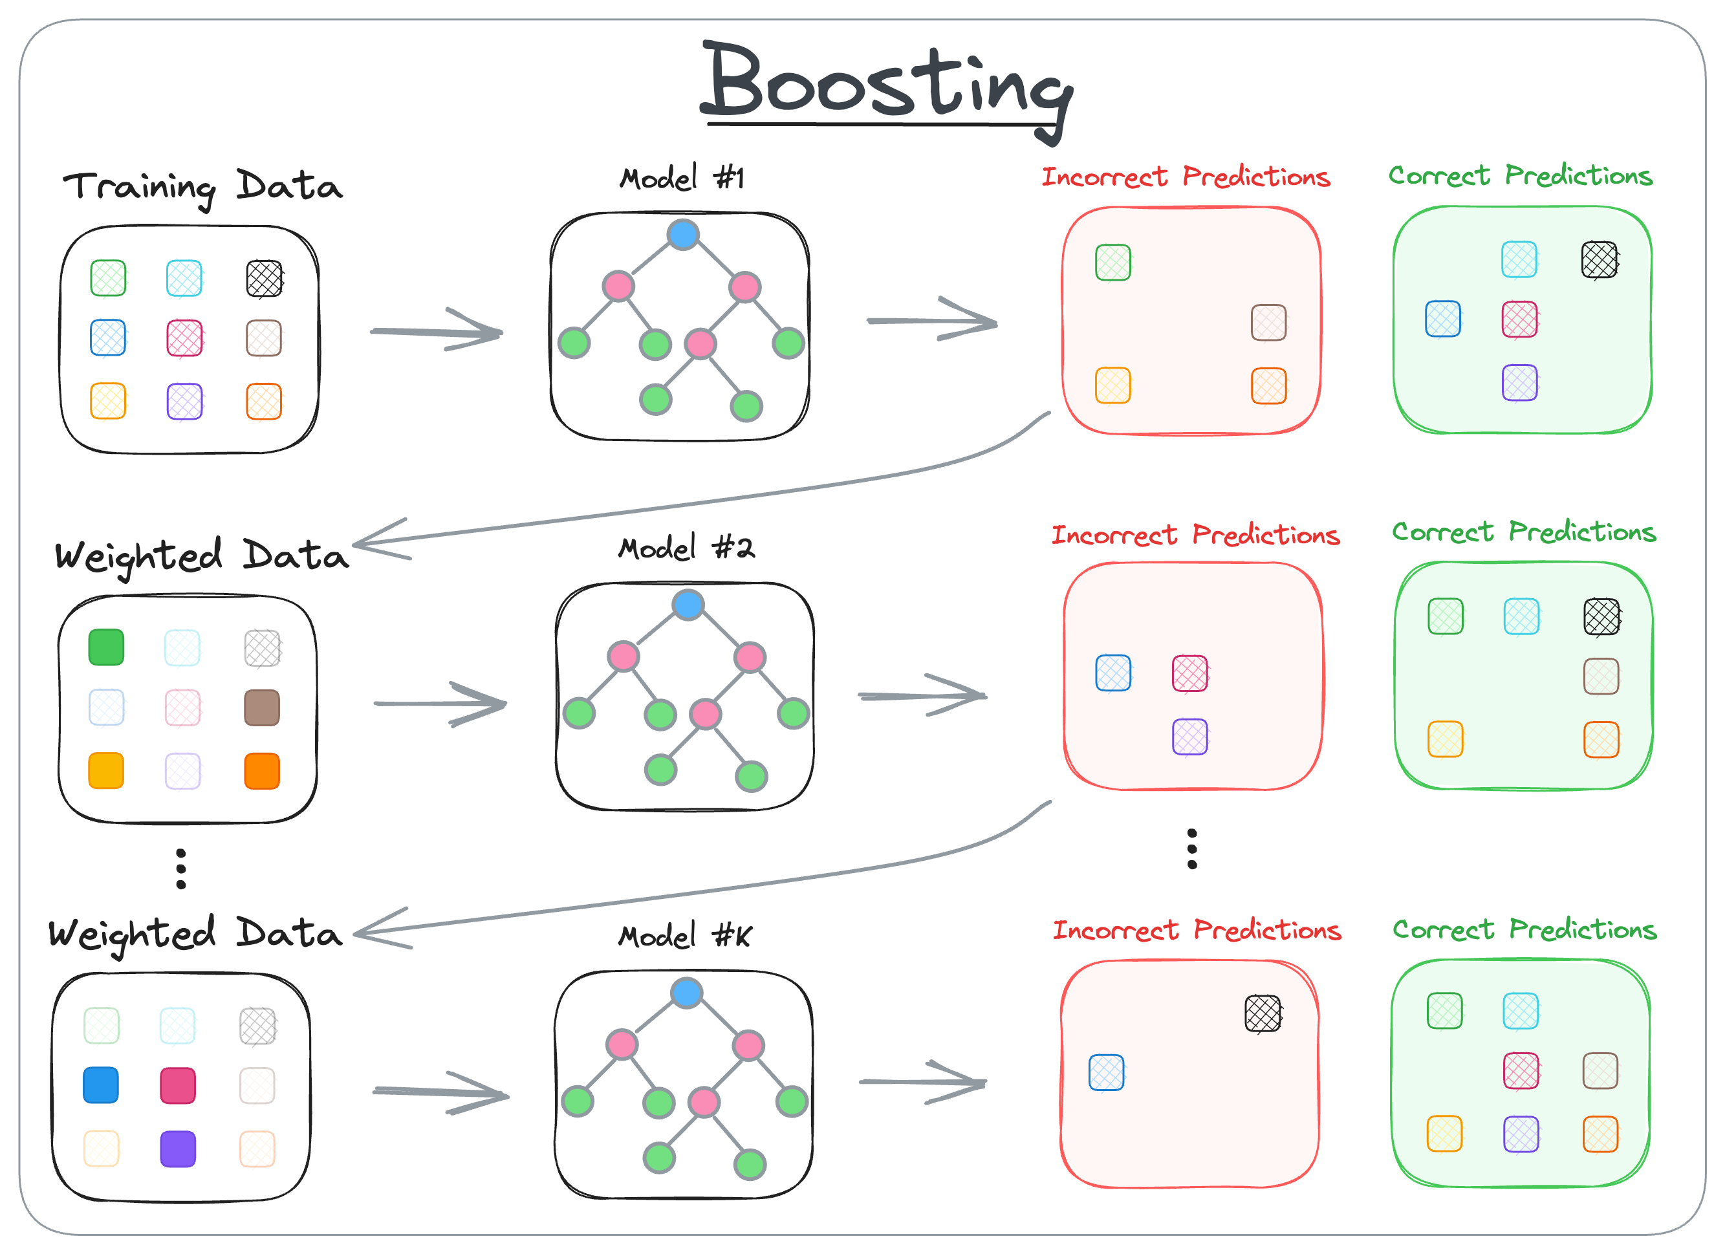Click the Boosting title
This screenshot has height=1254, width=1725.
886,83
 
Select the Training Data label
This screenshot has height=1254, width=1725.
202,186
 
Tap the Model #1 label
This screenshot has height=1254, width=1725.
682,178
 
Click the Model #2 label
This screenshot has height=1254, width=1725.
686,548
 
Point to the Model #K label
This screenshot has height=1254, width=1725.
684,936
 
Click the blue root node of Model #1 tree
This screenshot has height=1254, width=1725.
683,234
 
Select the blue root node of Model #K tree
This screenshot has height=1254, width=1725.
687,993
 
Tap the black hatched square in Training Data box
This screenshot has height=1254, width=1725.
265,278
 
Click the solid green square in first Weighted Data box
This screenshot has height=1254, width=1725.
107,647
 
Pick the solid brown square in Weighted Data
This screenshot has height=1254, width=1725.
263,708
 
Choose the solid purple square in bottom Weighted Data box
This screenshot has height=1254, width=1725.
178,1149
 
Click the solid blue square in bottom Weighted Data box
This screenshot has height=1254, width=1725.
101,1085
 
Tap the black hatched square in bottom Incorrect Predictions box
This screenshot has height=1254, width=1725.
1263,1013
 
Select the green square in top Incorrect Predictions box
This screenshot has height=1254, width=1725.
1112,263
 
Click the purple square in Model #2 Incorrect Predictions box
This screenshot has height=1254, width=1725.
1190,737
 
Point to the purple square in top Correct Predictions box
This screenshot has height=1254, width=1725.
1520,382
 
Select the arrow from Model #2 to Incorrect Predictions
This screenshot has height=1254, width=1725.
922,696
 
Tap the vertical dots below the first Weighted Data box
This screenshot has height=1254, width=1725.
181,869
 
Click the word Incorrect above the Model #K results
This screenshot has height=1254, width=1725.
1116,931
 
